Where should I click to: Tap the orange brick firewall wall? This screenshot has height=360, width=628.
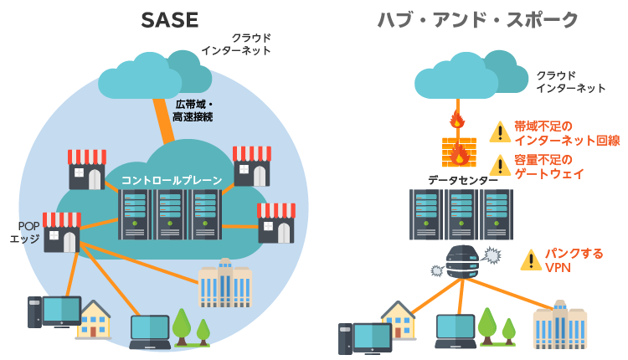(458, 152)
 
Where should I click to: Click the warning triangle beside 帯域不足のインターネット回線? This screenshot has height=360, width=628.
(500, 132)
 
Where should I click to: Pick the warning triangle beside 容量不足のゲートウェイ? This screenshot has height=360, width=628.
(500, 166)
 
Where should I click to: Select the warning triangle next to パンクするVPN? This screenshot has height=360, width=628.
(531, 260)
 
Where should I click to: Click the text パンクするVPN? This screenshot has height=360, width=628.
(573, 260)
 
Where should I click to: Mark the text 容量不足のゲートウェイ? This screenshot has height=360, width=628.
(549, 167)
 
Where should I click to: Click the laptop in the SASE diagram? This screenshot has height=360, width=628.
(150, 332)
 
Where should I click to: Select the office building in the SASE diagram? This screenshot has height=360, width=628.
(224, 283)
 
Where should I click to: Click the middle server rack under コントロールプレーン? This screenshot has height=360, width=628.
(170, 214)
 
